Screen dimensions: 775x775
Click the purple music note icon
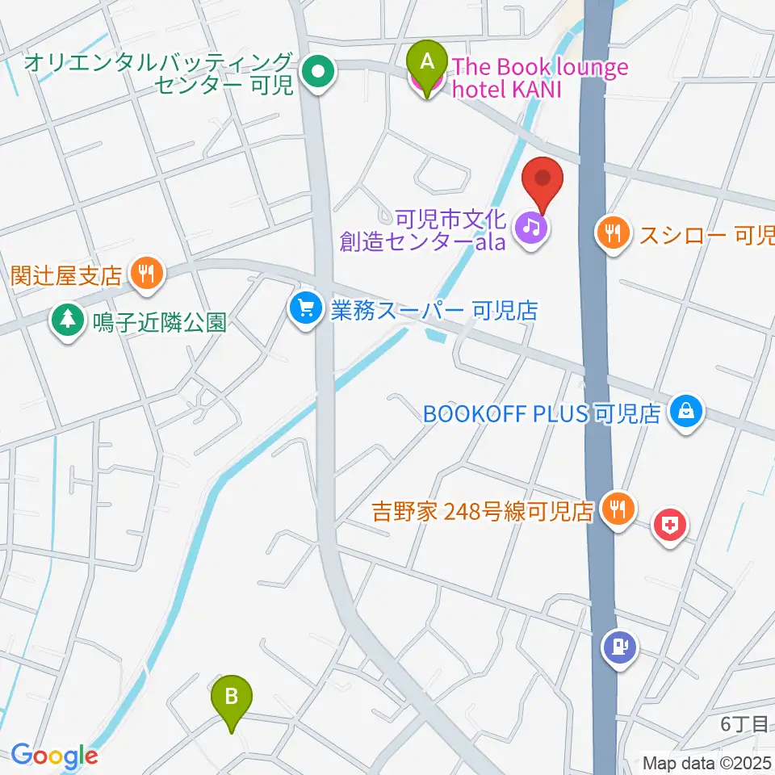click(533, 227)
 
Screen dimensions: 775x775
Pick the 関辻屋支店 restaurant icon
click(146, 274)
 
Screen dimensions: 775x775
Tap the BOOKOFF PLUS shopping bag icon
click(686, 414)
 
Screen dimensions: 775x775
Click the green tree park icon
click(68, 321)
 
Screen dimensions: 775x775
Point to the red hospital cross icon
click(669, 527)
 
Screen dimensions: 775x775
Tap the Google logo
click(54, 756)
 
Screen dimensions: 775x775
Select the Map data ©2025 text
click(708, 762)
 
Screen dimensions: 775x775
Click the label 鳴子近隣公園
click(158, 323)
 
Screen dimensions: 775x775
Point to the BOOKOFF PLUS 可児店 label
click(542, 415)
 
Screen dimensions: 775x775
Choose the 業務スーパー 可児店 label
click(434, 309)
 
